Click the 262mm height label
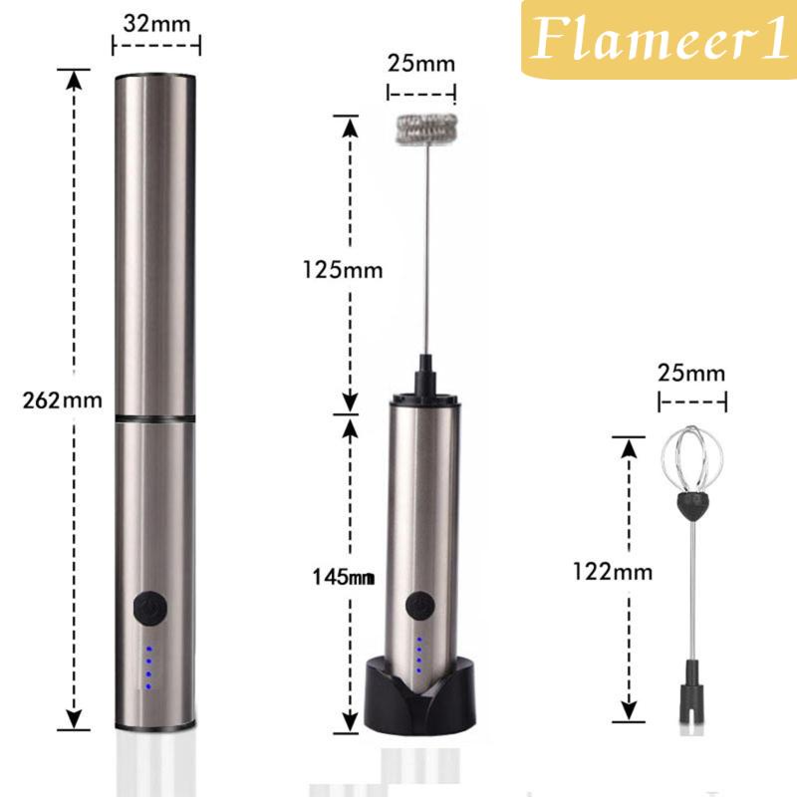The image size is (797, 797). click(x=62, y=400)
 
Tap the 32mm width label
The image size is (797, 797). click(x=156, y=23)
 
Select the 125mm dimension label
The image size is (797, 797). click(x=343, y=269)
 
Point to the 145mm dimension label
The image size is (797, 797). click(x=344, y=577)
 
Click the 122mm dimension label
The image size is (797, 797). click(x=613, y=571)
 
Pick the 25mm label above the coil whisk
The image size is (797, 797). click(x=420, y=63)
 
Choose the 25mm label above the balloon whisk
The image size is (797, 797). click(x=691, y=373)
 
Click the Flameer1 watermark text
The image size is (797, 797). click(x=659, y=39)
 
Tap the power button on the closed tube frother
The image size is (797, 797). click(x=150, y=608)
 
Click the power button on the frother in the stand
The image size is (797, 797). click(x=419, y=606)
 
